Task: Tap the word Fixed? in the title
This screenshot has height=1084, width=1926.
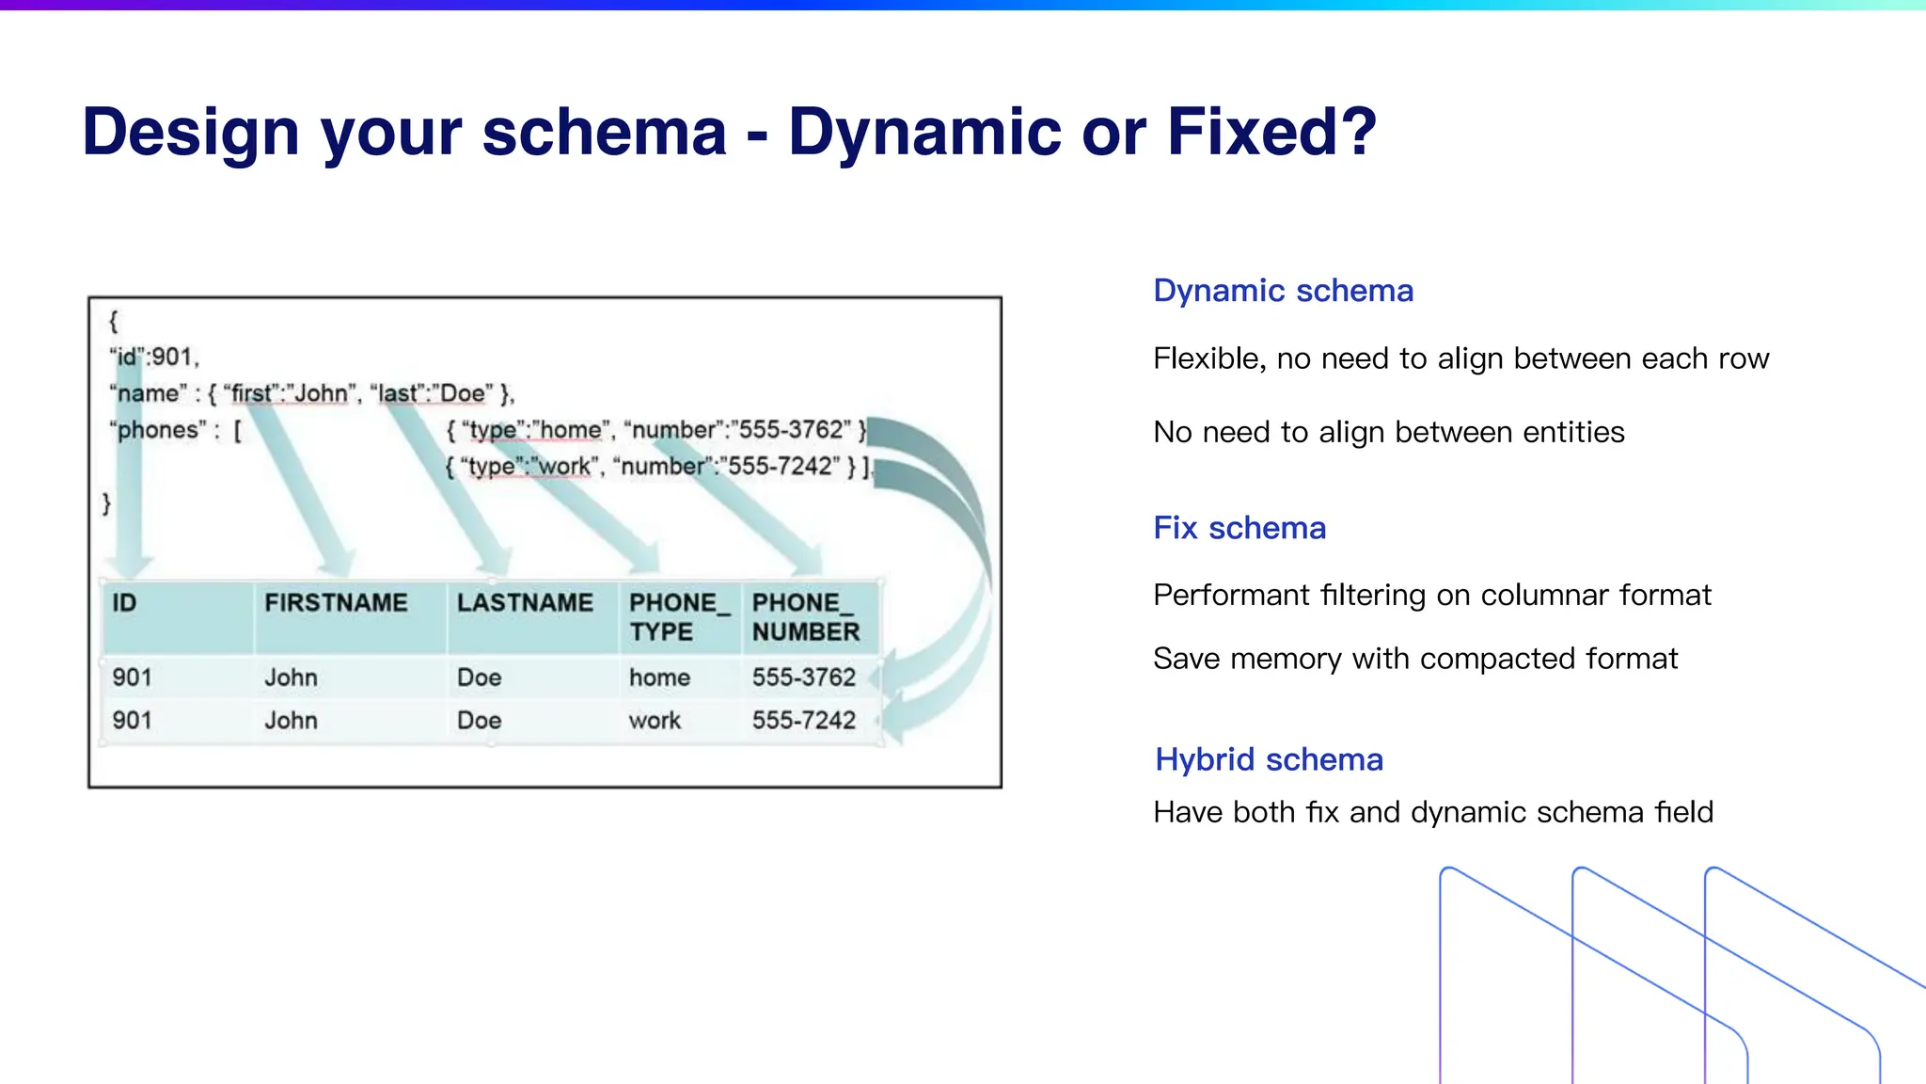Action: [x=1271, y=132]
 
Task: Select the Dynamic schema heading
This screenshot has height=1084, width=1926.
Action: [x=1283, y=291]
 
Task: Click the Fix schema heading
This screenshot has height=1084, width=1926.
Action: [x=1239, y=528]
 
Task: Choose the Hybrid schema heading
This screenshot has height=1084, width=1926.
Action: [x=1269, y=759]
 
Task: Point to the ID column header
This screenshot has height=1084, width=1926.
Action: [x=124, y=603]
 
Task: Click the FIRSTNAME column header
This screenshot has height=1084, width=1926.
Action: [x=336, y=603]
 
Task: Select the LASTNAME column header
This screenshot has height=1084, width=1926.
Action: [x=525, y=603]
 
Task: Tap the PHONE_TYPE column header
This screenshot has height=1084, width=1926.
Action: [x=678, y=617]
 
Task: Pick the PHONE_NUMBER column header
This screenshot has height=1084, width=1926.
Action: [x=805, y=617]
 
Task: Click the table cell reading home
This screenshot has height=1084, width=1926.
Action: [x=659, y=677]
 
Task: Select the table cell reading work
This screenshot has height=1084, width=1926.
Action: [x=655, y=721]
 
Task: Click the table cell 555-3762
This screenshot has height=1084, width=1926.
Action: [x=803, y=677]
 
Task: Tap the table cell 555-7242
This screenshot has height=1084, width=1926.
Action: [x=803, y=721]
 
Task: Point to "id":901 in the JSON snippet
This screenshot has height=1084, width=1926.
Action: [x=154, y=358]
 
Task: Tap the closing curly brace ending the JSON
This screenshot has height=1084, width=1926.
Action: [x=106, y=503]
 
